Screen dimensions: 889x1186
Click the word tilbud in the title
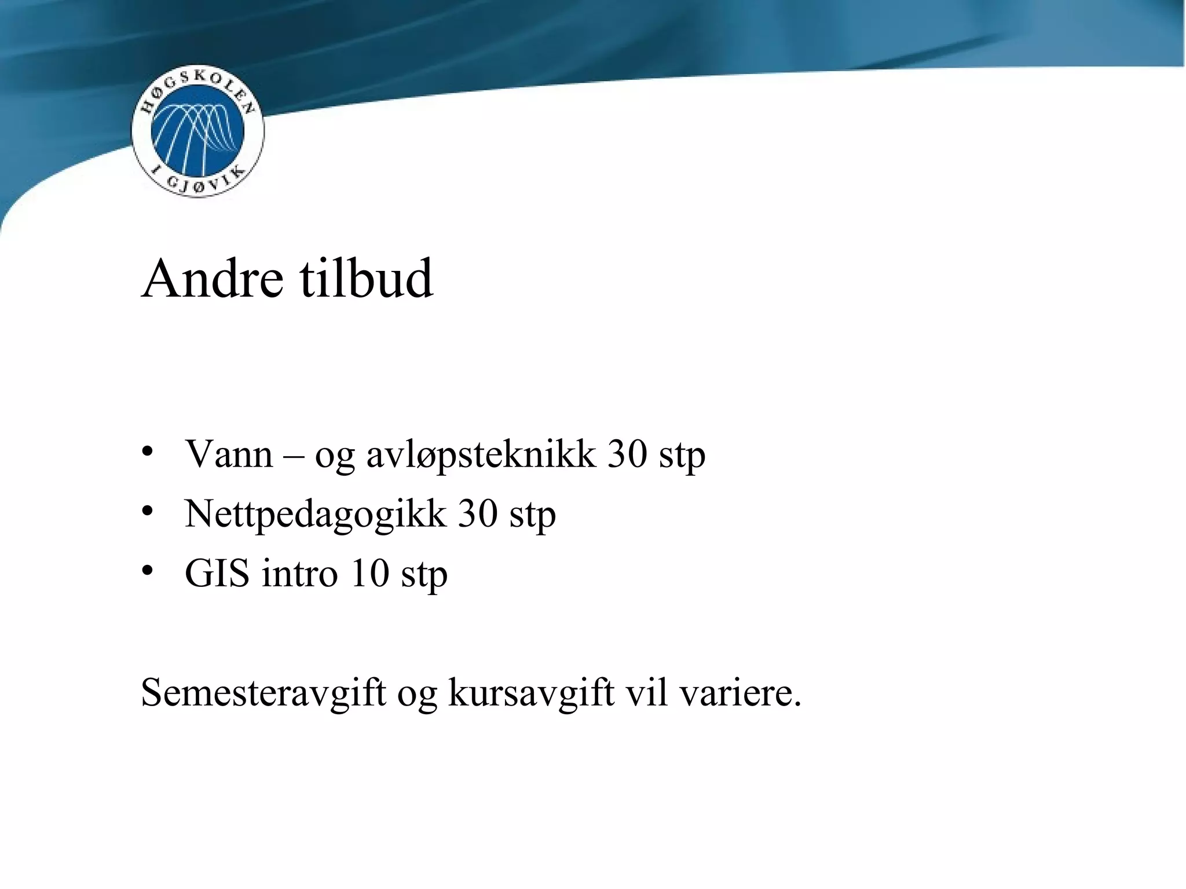tap(366, 279)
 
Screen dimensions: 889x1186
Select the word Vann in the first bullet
tap(228, 454)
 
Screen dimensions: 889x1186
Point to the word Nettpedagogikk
tap(315, 515)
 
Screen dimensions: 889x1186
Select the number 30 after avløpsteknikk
tap(627, 454)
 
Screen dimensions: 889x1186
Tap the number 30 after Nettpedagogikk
tap(478, 513)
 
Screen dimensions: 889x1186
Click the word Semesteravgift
tap(263, 692)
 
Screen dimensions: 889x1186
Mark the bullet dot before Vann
tap(148, 451)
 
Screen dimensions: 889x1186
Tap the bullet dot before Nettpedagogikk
tap(148, 510)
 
